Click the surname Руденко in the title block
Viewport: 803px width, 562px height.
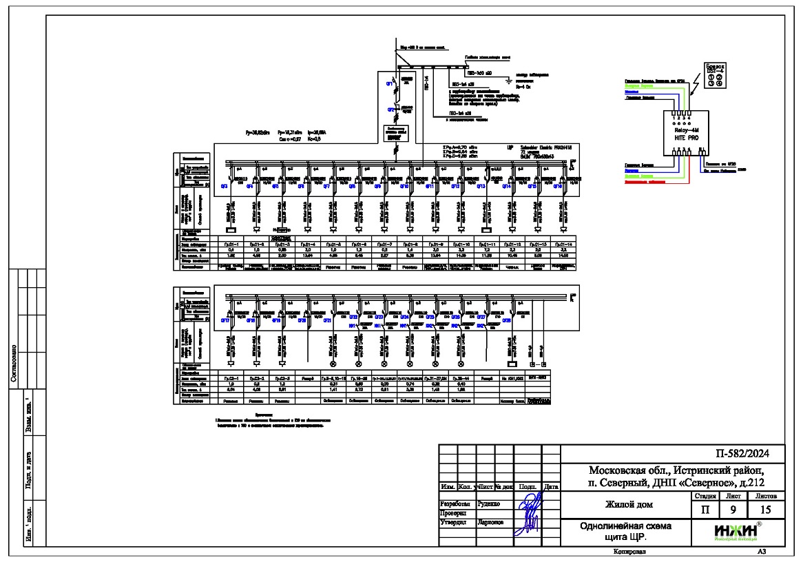pyautogui.click(x=490, y=503)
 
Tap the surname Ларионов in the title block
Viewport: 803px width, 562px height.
pyautogui.click(x=491, y=522)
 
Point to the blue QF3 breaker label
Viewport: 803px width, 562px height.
pyautogui.click(x=224, y=187)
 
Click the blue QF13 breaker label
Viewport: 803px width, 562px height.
pyautogui.click(x=481, y=186)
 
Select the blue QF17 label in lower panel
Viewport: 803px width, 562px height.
pyautogui.click(x=225, y=321)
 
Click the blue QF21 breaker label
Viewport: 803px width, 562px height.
pyautogui.click(x=327, y=321)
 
